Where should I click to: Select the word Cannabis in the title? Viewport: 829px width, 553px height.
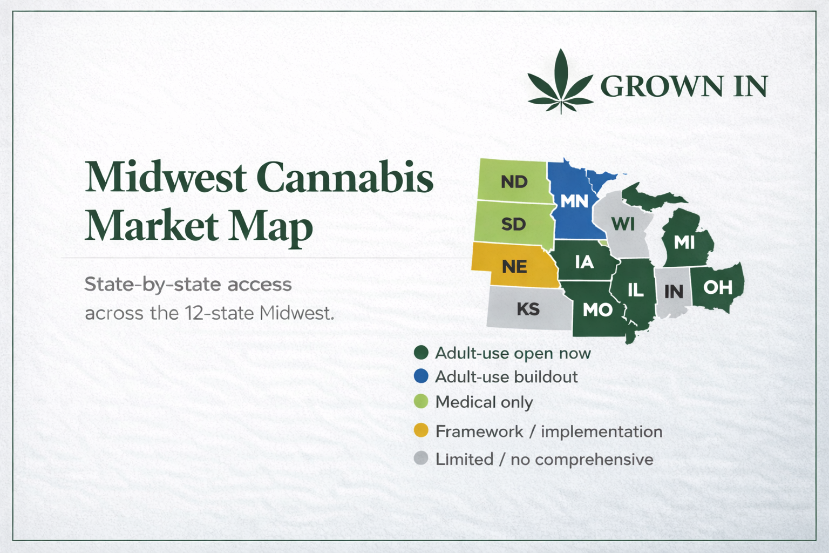point(344,177)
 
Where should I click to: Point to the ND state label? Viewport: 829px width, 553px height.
point(514,182)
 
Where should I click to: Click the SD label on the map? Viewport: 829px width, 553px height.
point(513,224)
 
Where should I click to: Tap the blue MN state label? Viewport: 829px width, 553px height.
point(574,201)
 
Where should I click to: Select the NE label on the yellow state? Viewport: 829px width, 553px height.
point(514,267)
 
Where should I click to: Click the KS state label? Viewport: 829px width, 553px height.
point(528,309)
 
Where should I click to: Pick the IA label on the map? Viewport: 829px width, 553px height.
point(585,262)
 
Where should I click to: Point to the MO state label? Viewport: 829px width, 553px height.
point(597,309)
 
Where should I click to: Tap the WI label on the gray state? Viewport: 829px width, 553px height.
point(623,224)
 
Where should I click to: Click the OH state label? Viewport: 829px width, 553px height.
point(718,287)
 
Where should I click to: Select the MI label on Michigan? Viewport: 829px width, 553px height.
point(684,243)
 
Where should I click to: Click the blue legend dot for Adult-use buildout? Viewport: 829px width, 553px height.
point(421,376)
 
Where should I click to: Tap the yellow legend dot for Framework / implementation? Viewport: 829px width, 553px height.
point(421,430)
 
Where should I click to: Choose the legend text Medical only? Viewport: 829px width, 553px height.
point(484,402)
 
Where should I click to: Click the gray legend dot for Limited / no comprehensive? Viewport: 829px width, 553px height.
point(421,458)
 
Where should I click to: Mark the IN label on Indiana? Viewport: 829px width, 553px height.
point(674,292)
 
